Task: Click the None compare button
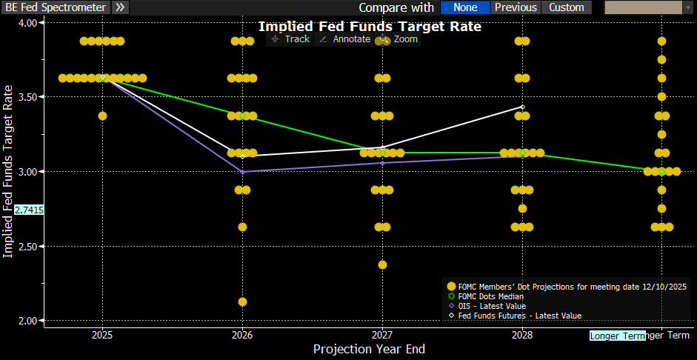[465, 7]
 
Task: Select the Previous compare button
[516, 7]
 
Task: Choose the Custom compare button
[567, 7]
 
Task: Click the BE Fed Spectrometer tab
[55, 7]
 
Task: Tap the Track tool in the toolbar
[290, 39]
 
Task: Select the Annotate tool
[344, 39]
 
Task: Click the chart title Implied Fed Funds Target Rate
[370, 27]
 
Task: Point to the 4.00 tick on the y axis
[27, 22]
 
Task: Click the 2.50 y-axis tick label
[27, 246]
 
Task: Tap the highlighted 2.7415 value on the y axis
[29, 210]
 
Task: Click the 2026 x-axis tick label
[242, 334]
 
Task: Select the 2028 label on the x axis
[522, 334]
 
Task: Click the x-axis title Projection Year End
[369, 349]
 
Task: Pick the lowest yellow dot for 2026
[242, 301]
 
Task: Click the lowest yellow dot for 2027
[382, 264]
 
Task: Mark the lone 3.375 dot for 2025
[102, 116]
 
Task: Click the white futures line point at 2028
[522, 107]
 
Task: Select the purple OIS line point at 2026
[242, 172]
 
